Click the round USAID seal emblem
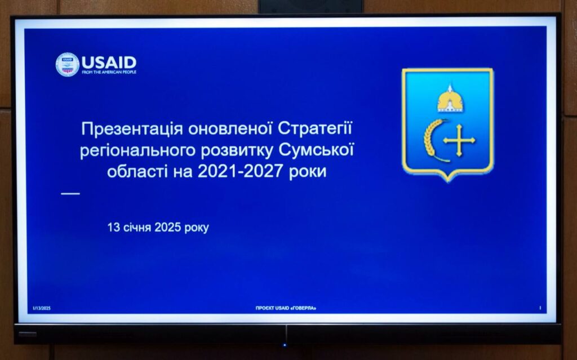[68, 65]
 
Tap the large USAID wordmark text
[109, 62]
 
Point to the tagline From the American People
[109, 72]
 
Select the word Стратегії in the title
[315, 128]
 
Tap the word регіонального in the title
[140, 151]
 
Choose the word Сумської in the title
[316, 150]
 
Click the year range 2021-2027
[240, 171]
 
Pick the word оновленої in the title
[230, 129]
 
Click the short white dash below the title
[70, 193]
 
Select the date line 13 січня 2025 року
[158, 228]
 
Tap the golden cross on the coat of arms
[459, 140]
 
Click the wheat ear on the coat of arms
[433, 140]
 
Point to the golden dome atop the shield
[450, 99]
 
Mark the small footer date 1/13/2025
[42, 309]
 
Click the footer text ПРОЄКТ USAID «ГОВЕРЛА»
[286, 308]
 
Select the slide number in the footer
[540, 308]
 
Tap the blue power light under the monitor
[284, 345]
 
